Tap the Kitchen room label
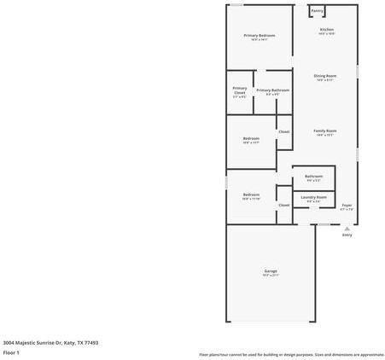[326, 30]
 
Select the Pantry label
[317, 11]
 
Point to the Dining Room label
[325, 76]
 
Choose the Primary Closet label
[240, 90]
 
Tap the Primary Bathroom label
[272, 90]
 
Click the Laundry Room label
[313, 197]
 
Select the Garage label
[270, 271]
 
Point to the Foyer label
[347, 206]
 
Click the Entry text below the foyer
[347, 235]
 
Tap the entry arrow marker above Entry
[347, 228]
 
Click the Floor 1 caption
[11, 351]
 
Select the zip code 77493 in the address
[90, 342]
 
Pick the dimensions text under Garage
[270, 276]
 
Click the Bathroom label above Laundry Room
[313, 177]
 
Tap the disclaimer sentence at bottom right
[291, 354]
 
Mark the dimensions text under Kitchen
[326, 34]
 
